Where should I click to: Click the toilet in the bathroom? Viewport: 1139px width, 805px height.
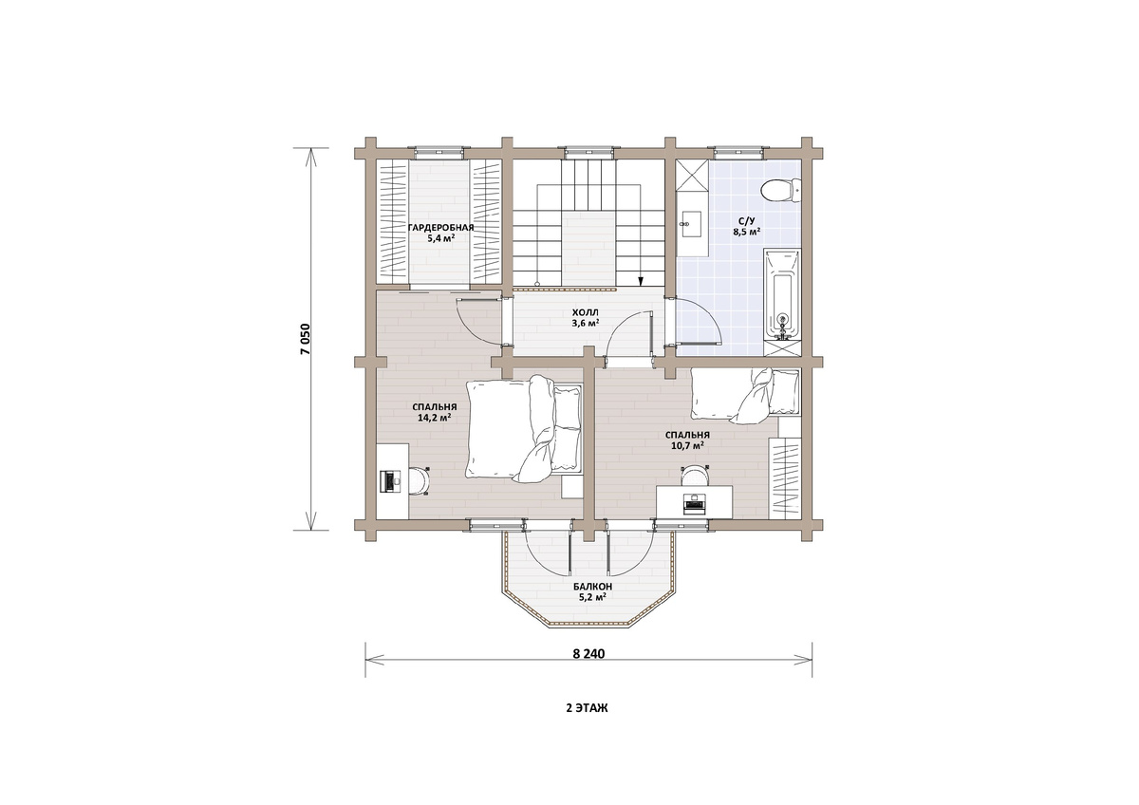(x=780, y=191)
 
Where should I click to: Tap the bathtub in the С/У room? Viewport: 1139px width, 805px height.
(x=782, y=294)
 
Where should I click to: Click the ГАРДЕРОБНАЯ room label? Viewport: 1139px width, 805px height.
(x=440, y=227)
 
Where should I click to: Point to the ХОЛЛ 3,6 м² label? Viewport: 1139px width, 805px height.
(x=586, y=317)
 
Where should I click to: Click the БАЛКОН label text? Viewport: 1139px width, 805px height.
(x=592, y=587)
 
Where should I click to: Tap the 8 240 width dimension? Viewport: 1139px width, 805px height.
(x=588, y=653)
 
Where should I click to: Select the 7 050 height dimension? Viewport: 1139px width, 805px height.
(x=305, y=338)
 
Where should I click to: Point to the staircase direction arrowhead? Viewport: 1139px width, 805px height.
(x=641, y=282)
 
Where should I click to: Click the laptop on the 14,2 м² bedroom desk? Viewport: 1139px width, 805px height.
(x=390, y=480)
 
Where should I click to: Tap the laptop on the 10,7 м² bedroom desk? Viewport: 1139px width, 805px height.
(x=694, y=503)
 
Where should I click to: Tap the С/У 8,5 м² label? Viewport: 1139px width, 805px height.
(x=746, y=226)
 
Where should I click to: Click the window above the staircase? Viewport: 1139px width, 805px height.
(x=588, y=151)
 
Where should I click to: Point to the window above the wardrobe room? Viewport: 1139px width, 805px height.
(x=439, y=151)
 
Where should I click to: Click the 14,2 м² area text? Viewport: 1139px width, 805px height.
(x=435, y=418)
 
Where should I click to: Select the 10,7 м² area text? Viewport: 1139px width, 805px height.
(x=687, y=445)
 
